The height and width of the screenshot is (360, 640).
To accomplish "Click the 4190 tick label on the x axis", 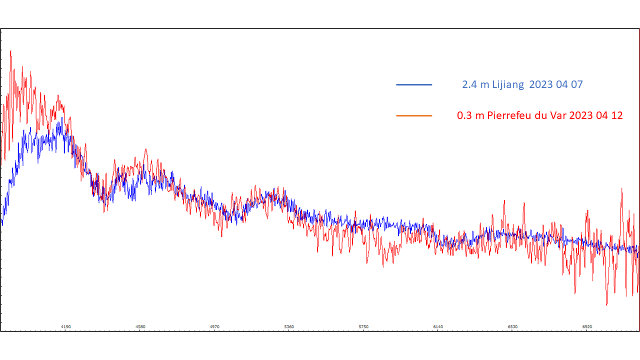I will click(x=65, y=326).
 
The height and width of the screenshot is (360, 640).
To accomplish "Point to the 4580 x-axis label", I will click(x=140, y=326).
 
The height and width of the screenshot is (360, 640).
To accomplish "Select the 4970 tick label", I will click(x=214, y=326).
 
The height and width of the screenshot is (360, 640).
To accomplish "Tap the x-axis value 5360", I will click(x=289, y=326).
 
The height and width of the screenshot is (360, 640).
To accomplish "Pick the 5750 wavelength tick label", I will click(x=363, y=326).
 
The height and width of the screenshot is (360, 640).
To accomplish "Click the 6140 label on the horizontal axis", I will click(x=438, y=326).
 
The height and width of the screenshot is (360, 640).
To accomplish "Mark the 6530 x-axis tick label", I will click(x=512, y=326).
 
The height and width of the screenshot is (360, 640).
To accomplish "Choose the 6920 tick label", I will click(x=587, y=326).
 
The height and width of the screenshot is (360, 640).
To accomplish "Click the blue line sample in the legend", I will click(x=414, y=84).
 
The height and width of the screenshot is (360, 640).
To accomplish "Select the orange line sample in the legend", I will click(x=414, y=115).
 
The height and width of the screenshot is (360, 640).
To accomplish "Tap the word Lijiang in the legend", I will click(x=508, y=84).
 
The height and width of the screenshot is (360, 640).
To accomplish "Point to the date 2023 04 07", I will click(x=555, y=84).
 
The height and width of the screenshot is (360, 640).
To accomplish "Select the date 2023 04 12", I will click(x=595, y=115).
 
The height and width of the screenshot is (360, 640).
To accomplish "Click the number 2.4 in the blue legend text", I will click(x=469, y=84).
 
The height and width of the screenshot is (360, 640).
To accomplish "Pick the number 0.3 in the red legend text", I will click(x=464, y=115).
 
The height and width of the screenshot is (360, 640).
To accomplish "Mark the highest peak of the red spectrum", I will click(x=10, y=50).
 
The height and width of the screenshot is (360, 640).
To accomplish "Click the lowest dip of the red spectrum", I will click(x=606, y=304).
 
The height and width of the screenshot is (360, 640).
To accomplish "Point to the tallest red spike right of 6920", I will click(x=622, y=189).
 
